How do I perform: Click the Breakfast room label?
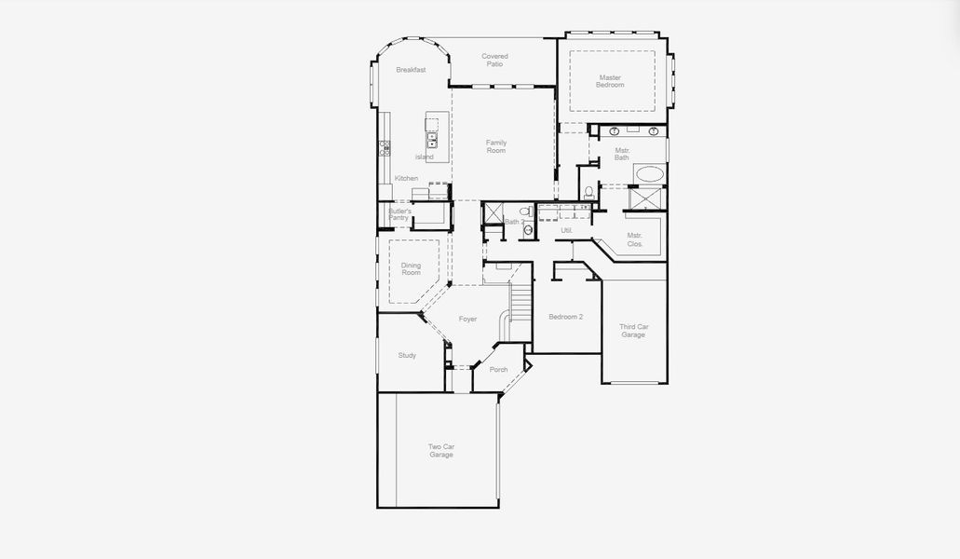[411, 70]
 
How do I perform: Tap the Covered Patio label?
[494, 60]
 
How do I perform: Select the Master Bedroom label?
[611, 81]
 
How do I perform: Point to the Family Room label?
[496, 146]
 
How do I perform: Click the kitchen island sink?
[432, 141]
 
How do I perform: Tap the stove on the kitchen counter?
[384, 147]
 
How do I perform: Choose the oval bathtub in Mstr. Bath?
[649, 173]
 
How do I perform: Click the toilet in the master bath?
[588, 193]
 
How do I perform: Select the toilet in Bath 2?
[524, 212]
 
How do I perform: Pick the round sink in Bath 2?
[528, 228]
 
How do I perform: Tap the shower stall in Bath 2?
[493, 214]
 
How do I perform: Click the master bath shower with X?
[645, 199]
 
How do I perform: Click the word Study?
[407, 355]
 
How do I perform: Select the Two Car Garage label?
[441, 451]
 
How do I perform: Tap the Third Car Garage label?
[633, 331]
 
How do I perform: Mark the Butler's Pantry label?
[399, 215]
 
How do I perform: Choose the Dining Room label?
[411, 269]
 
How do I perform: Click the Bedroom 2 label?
[565, 317]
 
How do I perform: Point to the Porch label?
[498, 369]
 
